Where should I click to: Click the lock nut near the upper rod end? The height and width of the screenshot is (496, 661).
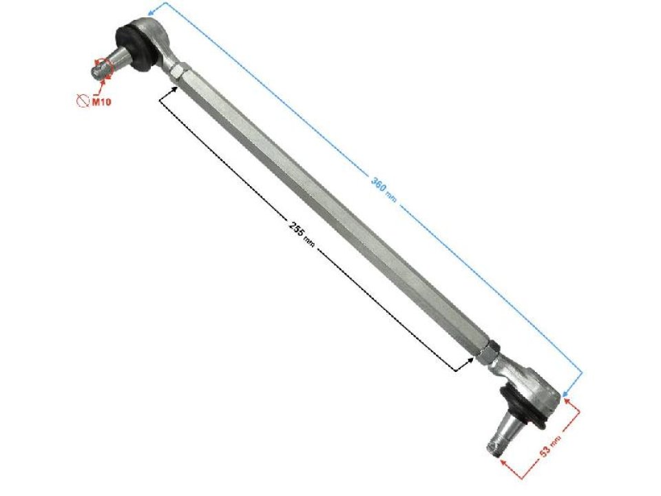[x=177, y=71]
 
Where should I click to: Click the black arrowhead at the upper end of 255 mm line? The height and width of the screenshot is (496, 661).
[x=174, y=88]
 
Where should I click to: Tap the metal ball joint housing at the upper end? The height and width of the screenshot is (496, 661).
[x=152, y=34]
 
